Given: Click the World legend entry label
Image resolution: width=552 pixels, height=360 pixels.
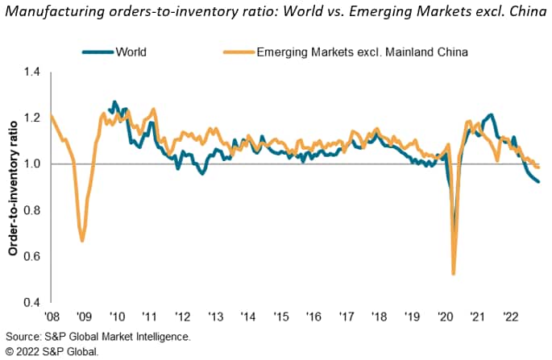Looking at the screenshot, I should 133,52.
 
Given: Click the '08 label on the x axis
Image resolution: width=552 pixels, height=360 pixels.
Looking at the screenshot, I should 52,317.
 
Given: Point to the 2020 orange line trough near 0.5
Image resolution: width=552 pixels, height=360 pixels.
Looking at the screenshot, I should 454,274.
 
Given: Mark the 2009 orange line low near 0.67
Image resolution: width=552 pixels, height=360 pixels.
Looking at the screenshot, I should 82,240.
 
